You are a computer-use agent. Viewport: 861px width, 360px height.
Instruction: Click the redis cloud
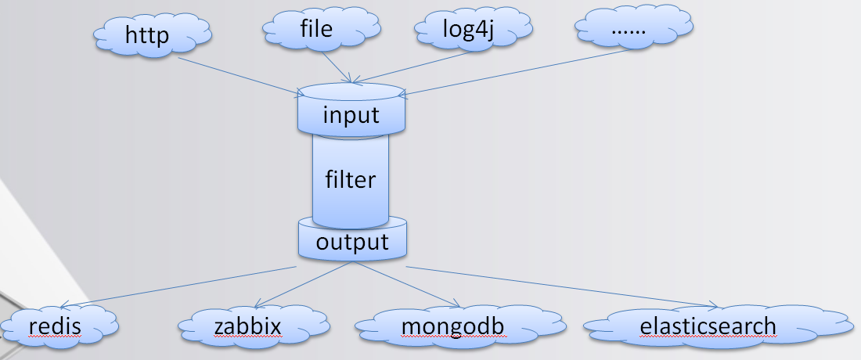(x=59, y=324)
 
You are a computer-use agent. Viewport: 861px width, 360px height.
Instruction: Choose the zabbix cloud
(x=247, y=325)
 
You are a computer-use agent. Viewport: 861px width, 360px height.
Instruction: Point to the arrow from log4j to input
(x=415, y=67)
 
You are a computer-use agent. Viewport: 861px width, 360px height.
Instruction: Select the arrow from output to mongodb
(x=403, y=285)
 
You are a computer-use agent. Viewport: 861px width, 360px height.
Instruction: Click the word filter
(x=351, y=179)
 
